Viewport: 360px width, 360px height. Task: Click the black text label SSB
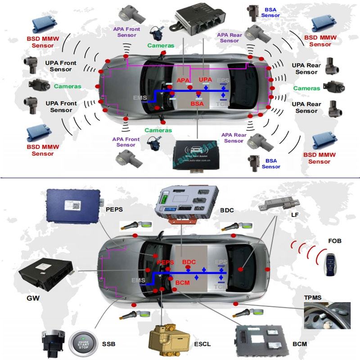108,344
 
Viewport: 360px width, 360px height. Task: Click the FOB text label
335,241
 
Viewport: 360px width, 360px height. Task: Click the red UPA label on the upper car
205,80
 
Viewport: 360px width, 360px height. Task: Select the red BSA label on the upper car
197,103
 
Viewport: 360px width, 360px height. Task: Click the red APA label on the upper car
183,80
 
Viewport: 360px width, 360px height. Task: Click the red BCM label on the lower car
182,282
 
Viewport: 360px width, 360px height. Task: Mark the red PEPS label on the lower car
165,262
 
